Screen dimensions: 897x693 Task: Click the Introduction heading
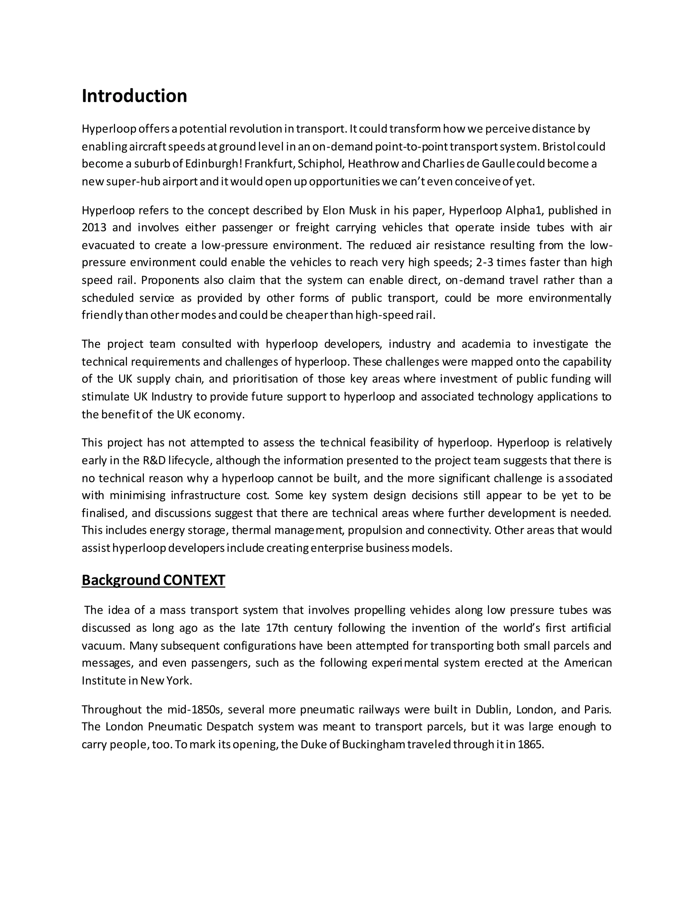pyautogui.click(x=134, y=96)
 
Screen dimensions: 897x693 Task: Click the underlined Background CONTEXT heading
pyautogui.click(x=153, y=580)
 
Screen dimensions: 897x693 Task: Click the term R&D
pyautogui.click(x=154, y=460)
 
